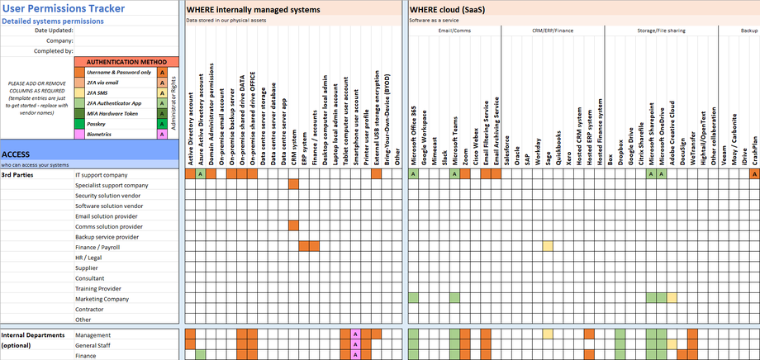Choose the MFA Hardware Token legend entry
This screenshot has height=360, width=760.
[x=113, y=113]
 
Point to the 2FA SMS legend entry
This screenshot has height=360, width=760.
[x=102, y=92]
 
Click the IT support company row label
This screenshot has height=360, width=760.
[x=101, y=175]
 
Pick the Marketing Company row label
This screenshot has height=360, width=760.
[x=102, y=299]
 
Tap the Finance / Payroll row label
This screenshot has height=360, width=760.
[x=98, y=247]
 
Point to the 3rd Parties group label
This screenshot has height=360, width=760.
[x=17, y=175]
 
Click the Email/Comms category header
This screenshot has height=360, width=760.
[x=454, y=30]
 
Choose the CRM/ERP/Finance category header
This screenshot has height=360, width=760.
[x=552, y=30]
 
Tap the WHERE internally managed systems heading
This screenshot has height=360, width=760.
[x=253, y=9]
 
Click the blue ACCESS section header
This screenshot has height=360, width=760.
[x=17, y=154]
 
